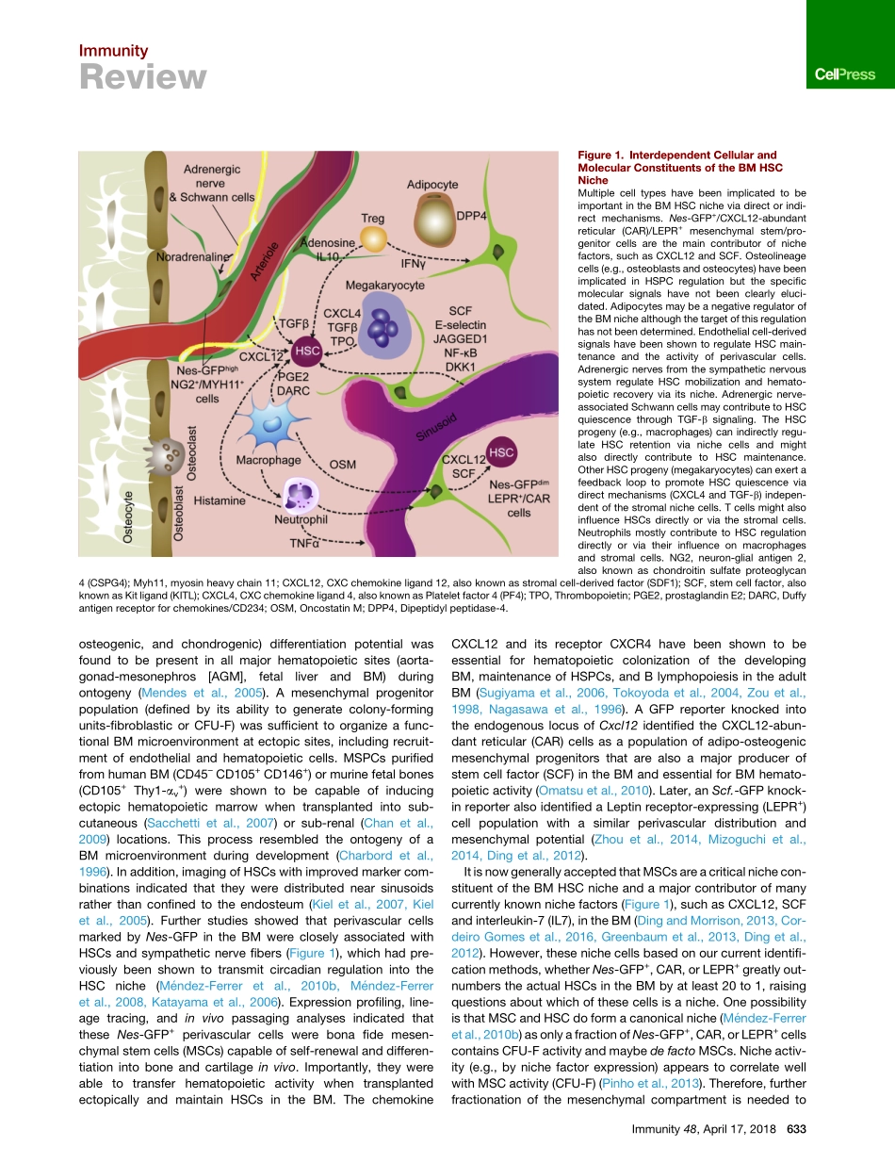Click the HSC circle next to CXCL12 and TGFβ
pyautogui.click(x=307, y=352)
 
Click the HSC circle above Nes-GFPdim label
pyautogui.click(x=501, y=452)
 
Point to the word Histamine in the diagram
pyautogui.click(x=220, y=501)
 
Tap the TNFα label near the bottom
pyautogui.click(x=305, y=542)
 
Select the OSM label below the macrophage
pyautogui.click(x=343, y=465)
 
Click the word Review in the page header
pyautogui.click(x=141, y=76)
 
